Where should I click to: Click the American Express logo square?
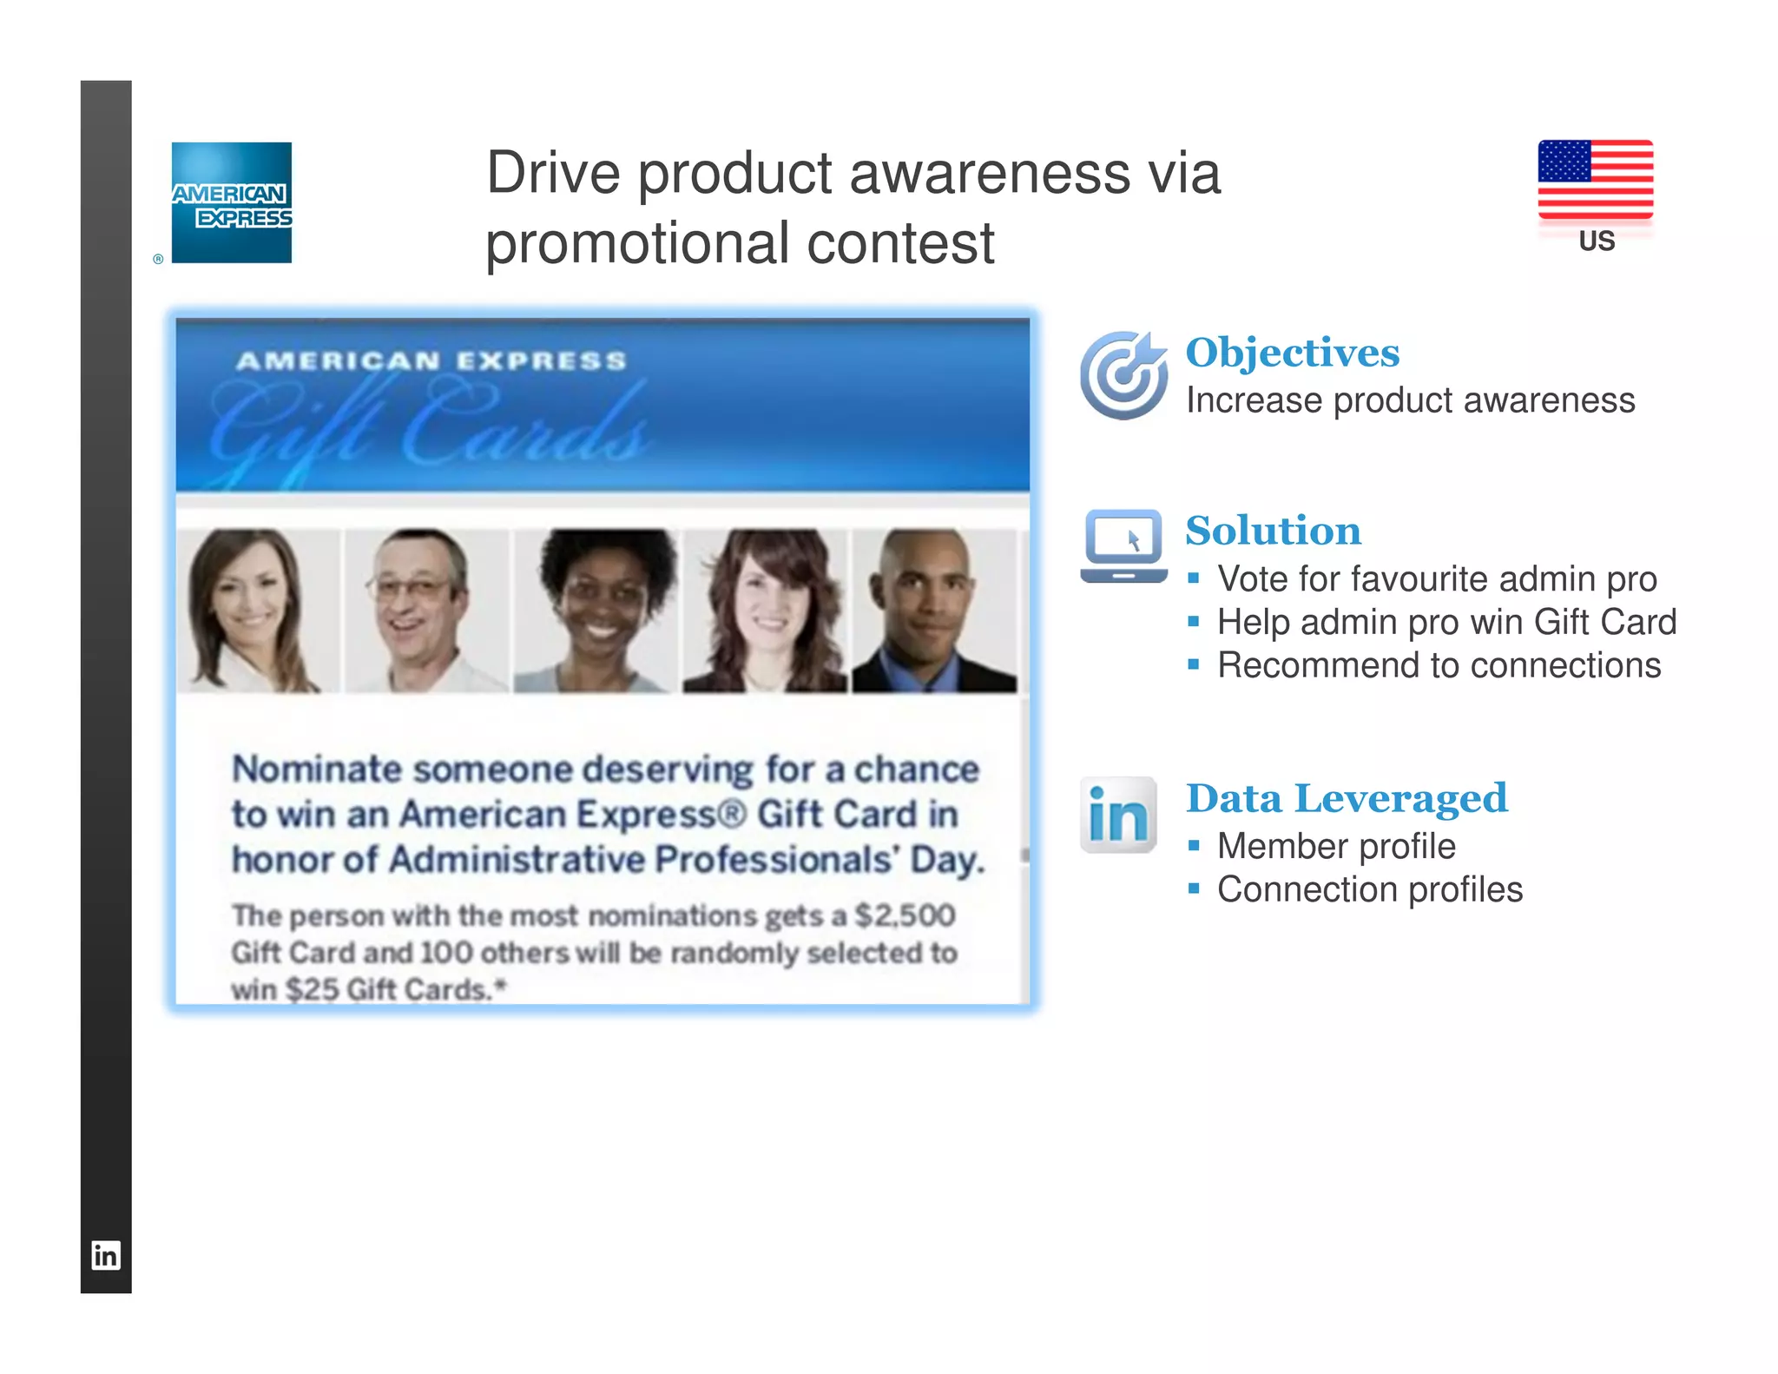coord(232,202)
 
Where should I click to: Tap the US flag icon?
coord(1595,179)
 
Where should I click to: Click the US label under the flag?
coord(1597,241)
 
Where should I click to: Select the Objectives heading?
coord(1292,353)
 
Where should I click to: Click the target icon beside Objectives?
coord(1123,375)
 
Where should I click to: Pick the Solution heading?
coord(1273,531)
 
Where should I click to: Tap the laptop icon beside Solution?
coord(1123,545)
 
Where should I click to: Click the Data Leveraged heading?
coord(1346,798)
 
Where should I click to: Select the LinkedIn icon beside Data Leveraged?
coord(1118,815)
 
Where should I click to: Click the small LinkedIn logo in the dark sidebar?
coord(106,1255)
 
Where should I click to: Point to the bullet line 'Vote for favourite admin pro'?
coord(1436,578)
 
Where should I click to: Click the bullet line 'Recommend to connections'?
coord(1439,665)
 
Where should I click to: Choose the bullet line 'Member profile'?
coord(1335,846)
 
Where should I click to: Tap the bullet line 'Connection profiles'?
coord(1369,889)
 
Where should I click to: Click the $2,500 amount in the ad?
coord(905,915)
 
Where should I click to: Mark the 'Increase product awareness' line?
coord(1410,400)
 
